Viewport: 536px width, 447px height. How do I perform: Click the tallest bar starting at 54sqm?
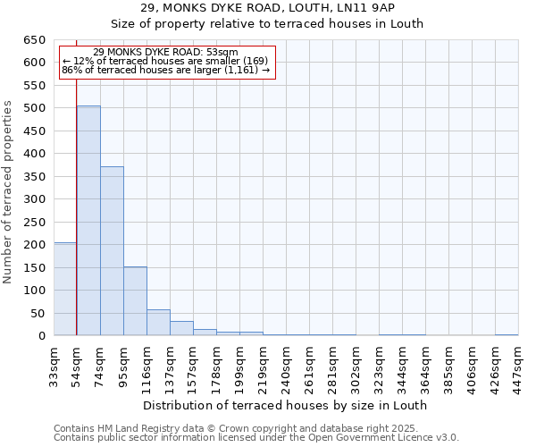88,221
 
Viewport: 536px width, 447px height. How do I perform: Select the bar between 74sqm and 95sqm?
112,251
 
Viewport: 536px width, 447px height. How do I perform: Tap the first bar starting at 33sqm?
65,289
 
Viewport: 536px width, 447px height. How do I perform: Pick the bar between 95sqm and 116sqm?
135,301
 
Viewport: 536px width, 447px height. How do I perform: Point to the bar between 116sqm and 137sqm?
158,323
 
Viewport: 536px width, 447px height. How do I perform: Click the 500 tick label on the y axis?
34,108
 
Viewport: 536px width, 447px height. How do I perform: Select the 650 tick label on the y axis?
34,40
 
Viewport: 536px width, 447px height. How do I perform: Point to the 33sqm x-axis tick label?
54,363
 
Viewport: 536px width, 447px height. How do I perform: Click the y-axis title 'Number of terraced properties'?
8,192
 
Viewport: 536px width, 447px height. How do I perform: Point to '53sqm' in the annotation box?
222,53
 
